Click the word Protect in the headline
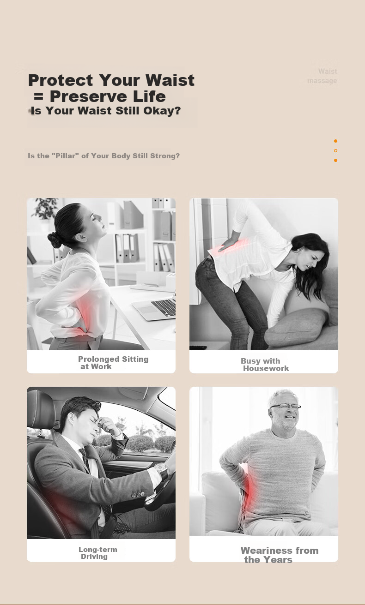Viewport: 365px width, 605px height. click(61, 80)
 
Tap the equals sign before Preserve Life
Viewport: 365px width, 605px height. click(39, 96)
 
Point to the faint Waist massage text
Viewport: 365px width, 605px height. click(322, 76)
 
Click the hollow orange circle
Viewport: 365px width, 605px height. click(335, 150)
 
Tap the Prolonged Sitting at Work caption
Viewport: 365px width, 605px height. click(113, 362)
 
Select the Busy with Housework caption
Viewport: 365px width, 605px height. click(265, 365)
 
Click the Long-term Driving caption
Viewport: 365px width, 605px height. click(97, 552)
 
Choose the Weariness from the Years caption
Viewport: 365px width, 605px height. click(280, 555)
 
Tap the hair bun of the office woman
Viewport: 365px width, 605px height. click(55, 240)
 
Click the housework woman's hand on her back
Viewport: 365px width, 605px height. click(229, 243)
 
